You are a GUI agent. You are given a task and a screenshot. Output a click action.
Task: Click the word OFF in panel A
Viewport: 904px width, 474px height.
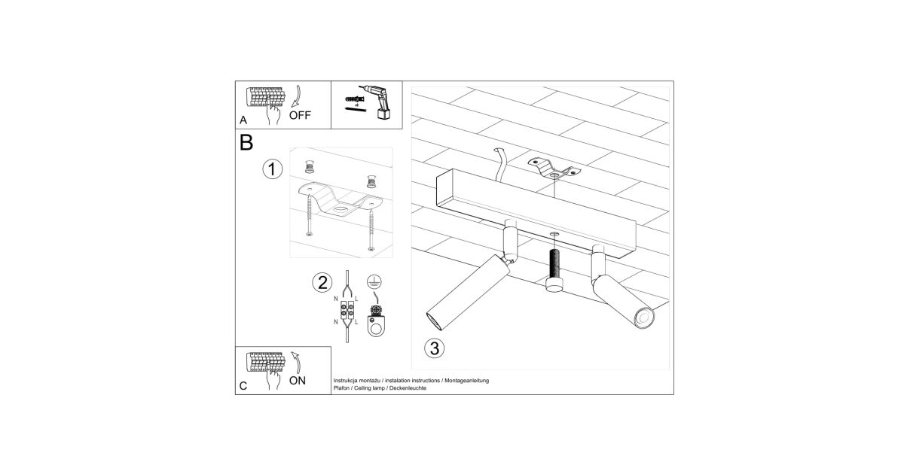click(300, 115)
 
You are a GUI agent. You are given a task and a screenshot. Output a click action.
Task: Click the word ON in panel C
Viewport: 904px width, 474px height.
click(298, 381)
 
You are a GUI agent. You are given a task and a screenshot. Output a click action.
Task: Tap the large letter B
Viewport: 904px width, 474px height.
click(246, 143)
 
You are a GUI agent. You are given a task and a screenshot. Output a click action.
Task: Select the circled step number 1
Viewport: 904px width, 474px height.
click(273, 169)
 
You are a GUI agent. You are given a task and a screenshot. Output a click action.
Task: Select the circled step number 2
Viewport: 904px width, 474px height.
click(322, 283)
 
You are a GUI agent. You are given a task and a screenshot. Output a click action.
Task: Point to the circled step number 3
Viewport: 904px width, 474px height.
click(434, 348)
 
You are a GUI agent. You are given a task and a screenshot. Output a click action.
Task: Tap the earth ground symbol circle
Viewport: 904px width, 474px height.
click(374, 281)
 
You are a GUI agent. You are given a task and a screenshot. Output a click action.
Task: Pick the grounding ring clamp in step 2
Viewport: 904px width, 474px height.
click(376, 321)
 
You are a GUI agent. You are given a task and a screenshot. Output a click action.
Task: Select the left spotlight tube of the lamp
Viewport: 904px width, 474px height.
click(468, 291)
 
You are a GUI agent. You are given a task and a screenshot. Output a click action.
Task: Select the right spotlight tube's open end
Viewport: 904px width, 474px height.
click(643, 318)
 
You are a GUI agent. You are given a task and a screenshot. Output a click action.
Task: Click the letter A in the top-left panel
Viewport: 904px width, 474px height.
click(243, 120)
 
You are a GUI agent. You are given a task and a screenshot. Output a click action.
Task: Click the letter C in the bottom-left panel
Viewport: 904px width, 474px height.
click(243, 386)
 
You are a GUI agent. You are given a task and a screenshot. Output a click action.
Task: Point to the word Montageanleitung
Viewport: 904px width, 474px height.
click(466, 381)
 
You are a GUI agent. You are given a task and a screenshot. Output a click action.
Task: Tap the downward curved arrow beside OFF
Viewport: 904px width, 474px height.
click(298, 97)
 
